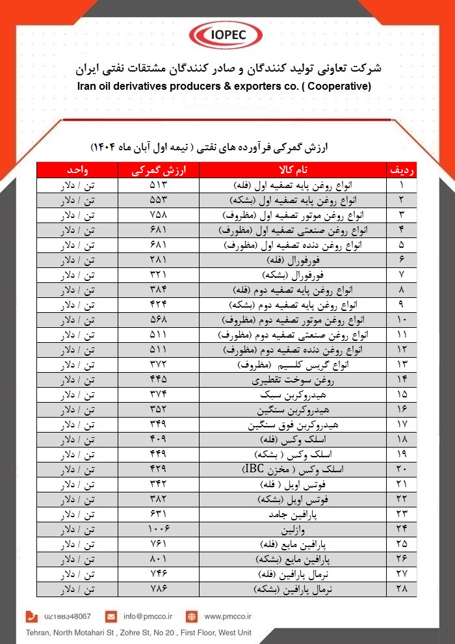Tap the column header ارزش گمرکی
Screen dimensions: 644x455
[158, 170]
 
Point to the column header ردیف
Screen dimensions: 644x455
[402, 170]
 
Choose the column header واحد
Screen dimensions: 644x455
[77, 170]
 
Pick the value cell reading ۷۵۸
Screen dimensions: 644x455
[158, 214]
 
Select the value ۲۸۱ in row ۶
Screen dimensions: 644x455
[158, 259]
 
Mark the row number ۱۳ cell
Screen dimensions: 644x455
[402, 364]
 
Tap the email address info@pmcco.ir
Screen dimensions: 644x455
[148, 616]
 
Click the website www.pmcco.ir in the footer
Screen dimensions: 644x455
[227, 616]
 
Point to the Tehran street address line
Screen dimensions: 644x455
[137, 632]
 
